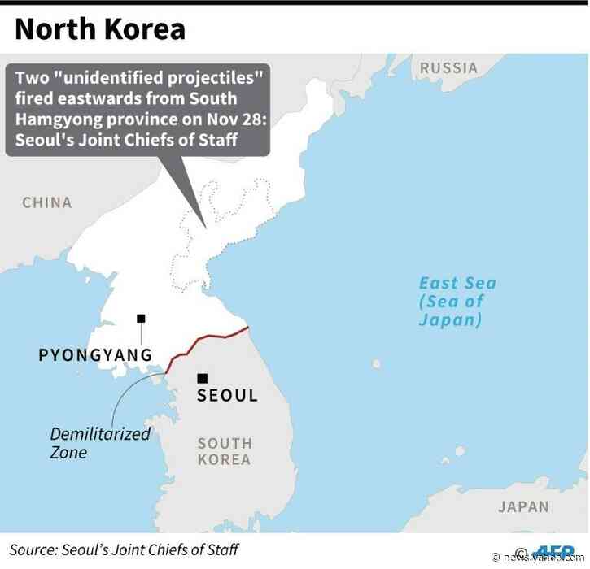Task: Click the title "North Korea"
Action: tap(99, 29)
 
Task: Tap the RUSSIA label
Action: tap(448, 68)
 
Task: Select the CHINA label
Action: tap(47, 202)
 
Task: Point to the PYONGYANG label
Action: tap(95, 355)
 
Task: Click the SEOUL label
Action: tap(228, 396)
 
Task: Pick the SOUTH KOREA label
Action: tap(225, 451)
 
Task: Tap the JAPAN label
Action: tap(523, 506)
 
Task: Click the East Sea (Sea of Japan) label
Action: tap(456, 302)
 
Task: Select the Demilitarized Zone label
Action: tap(100, 442)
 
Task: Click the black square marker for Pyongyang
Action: tap(141, 318)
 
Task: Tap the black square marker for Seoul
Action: tap(203, 378)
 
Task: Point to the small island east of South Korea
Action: tap(375, 364)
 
